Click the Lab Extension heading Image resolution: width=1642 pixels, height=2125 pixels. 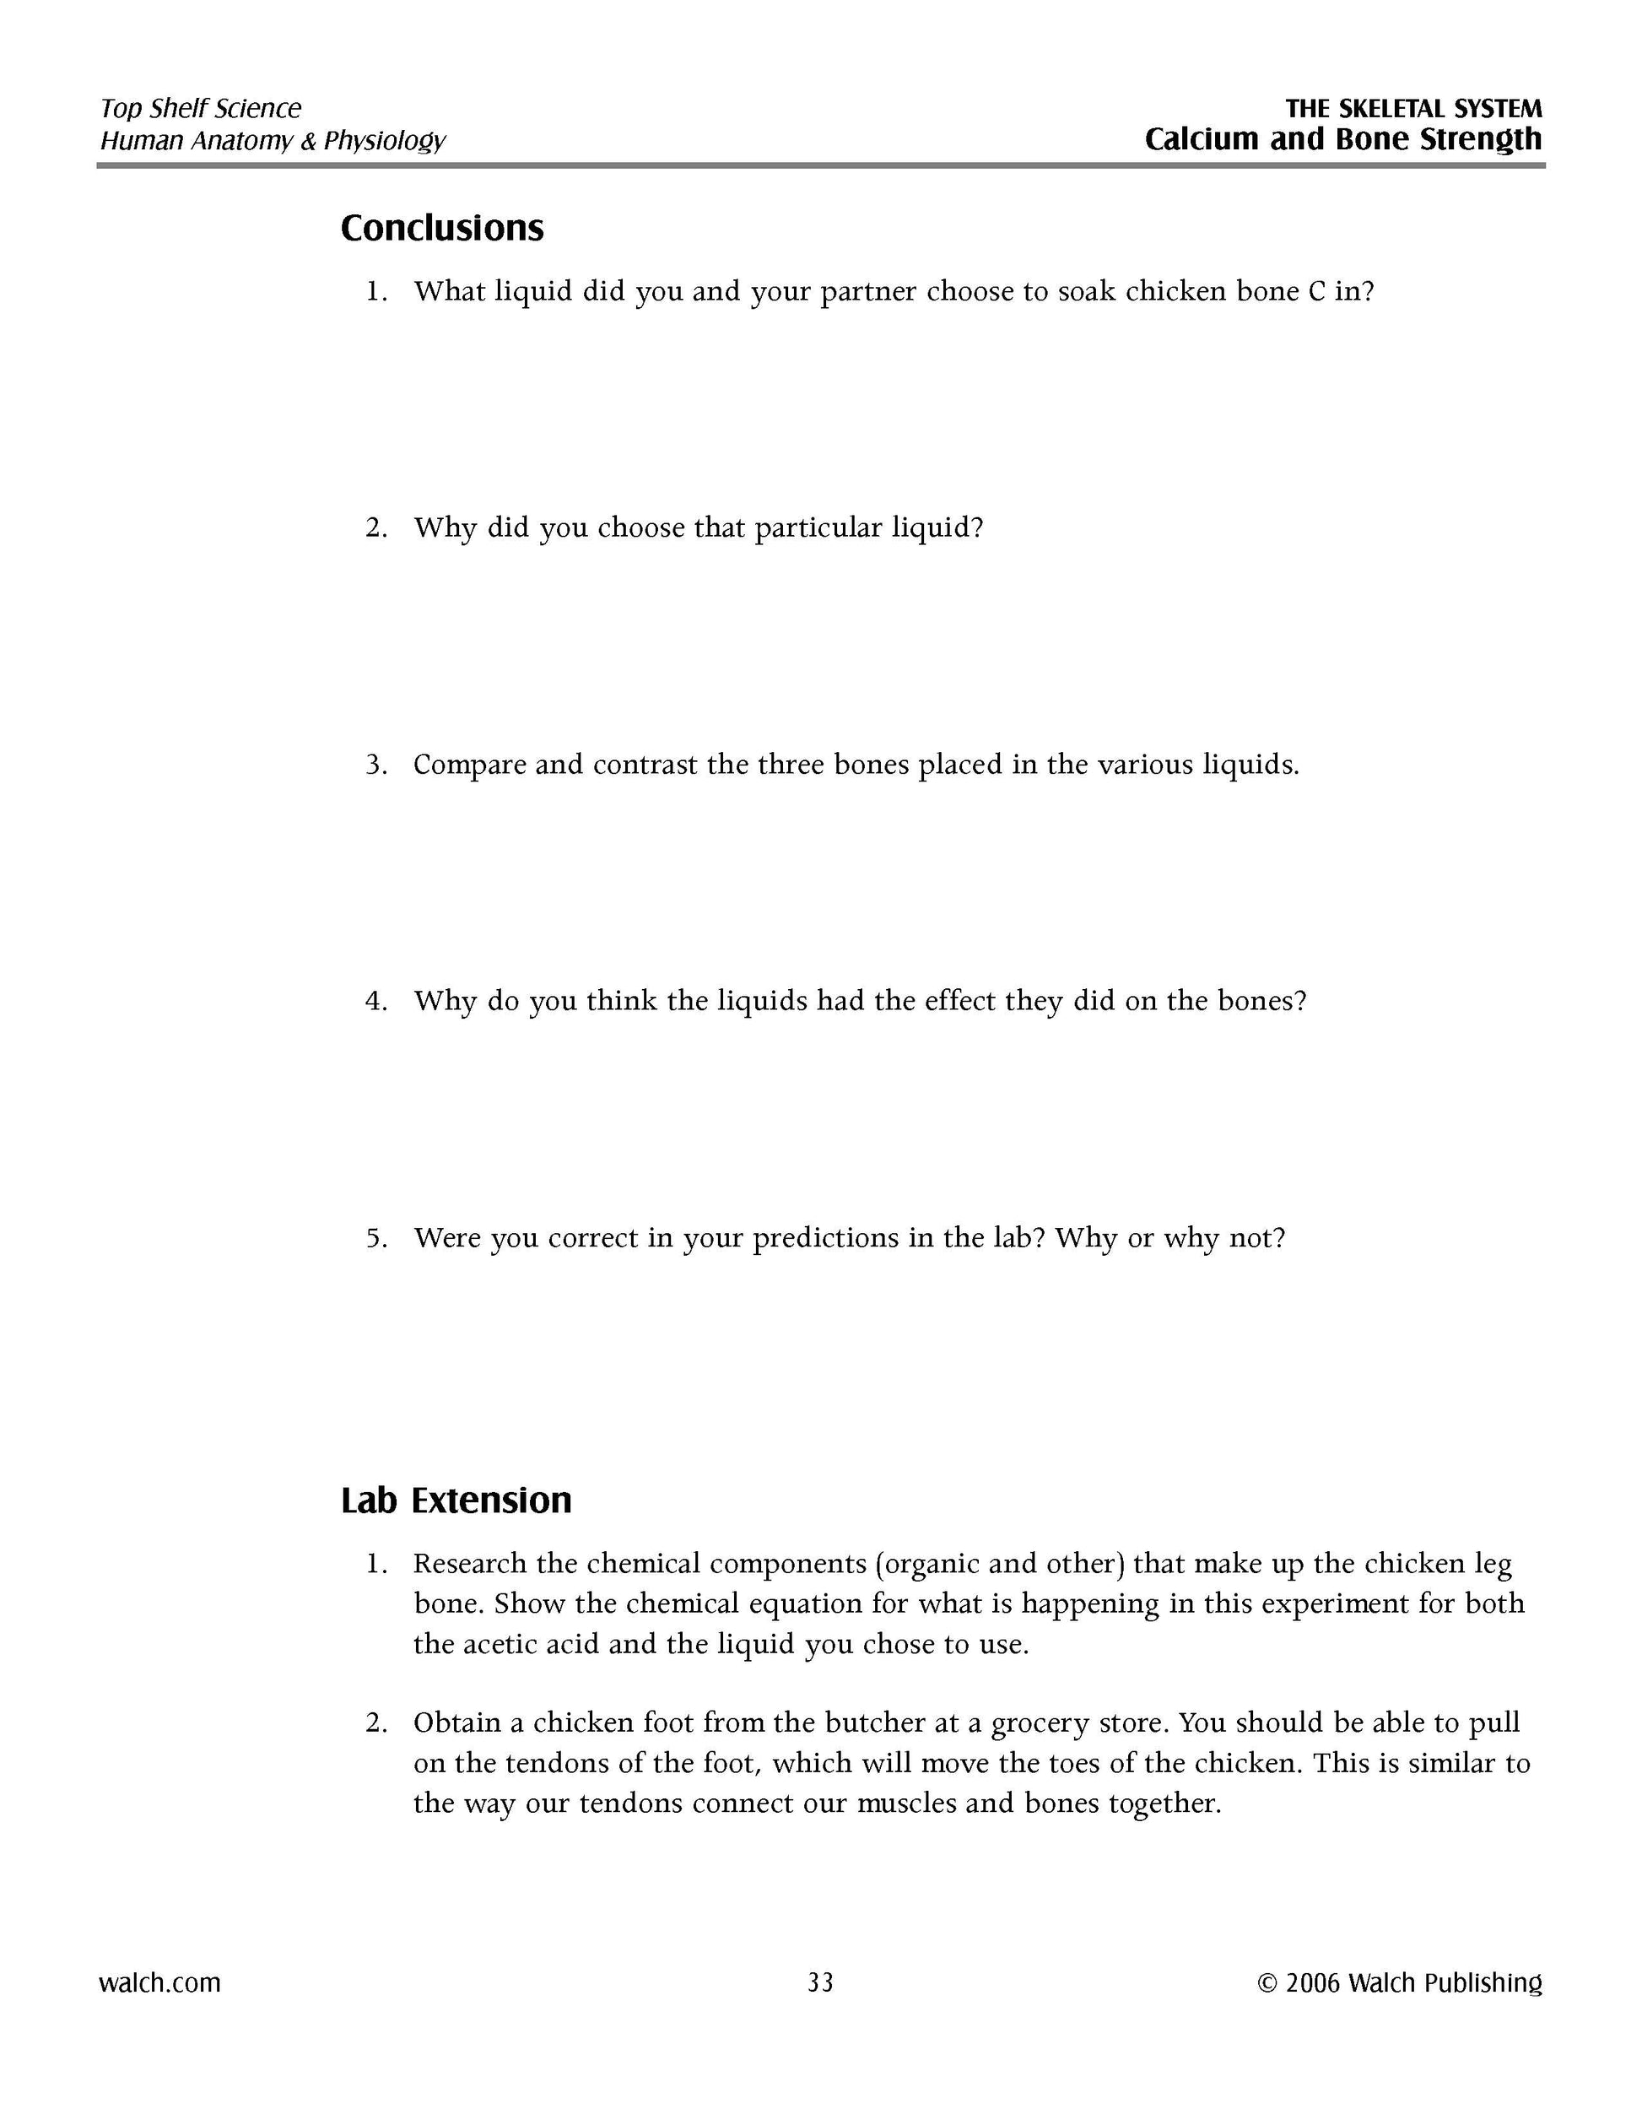[x=456, y=1500]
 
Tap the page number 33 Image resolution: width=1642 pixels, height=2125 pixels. [x=820, y=1982]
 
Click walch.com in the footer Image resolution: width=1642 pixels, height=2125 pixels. [x=159, y=1982]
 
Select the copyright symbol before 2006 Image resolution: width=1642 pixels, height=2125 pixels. [x=1267, y=1983]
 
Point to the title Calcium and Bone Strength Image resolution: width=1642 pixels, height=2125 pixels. [x=1342, y=139]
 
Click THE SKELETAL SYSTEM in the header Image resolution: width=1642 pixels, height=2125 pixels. [x=1413, y=108]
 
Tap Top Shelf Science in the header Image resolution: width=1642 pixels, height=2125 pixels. [x=200, y=108]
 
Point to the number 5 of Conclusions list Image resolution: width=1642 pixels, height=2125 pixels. [x=375, y=1239]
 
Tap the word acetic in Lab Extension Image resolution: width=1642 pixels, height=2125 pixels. [x=526, y=1644]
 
